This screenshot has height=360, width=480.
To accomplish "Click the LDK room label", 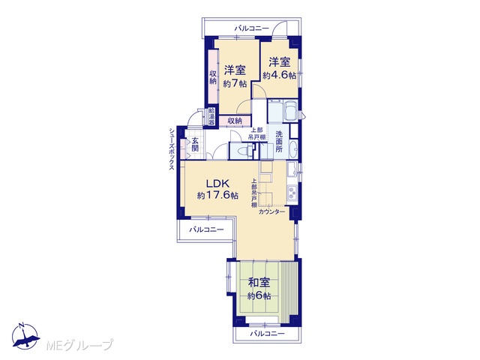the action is coord(217,184).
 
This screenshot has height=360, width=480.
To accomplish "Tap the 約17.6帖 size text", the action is coord(217,195).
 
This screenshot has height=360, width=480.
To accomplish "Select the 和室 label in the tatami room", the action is coord(259,283).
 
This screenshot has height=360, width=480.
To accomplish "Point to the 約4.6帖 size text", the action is coord(280,75).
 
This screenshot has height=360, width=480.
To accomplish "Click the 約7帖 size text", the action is coord(235,83).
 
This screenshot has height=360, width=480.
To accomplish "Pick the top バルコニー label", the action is coord(252,28).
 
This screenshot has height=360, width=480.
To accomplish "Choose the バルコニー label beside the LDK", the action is coord(206,229).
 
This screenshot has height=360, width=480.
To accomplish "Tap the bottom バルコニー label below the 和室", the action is coord(267,333).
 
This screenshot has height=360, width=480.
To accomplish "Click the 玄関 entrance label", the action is coord(195,145).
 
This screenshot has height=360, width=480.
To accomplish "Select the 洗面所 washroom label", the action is coord(279,142).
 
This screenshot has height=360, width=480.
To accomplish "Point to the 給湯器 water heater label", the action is coord(211,116).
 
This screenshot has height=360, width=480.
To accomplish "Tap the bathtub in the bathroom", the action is coord(289,111).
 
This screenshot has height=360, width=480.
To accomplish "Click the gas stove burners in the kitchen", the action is coord(292,193).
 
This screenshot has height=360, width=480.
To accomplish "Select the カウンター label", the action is coord(271,211).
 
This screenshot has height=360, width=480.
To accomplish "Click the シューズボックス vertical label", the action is coord(172,149).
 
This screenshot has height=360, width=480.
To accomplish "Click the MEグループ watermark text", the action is coord(80,345).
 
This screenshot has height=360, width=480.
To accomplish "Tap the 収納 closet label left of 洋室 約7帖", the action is coord(213,77).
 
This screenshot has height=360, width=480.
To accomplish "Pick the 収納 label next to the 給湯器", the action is coord(235,121).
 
